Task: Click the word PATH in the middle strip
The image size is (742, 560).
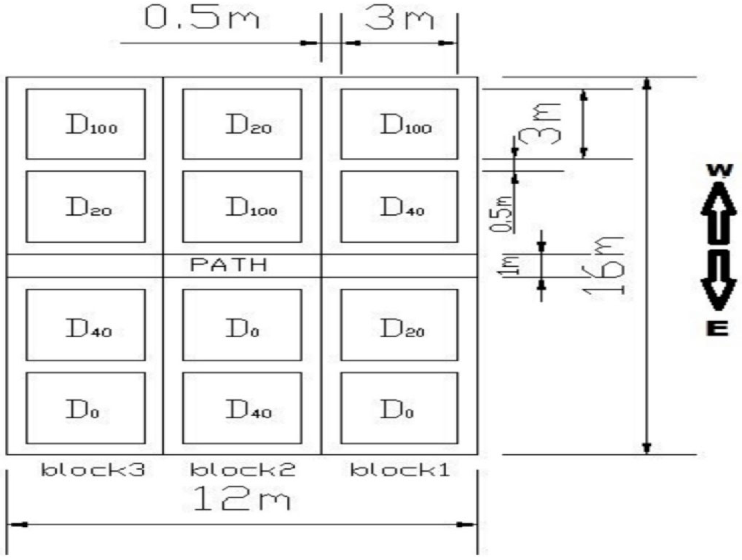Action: coord(229,265)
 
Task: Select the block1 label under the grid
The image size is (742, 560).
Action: coord(400,470)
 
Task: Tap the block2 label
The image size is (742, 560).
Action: coord(243,470)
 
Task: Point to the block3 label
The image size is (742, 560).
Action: coord(93,470)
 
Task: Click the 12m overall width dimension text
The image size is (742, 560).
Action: coord(242,499)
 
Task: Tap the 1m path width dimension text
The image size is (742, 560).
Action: coord(510,266)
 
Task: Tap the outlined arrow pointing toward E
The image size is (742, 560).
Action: coord(719,280)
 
